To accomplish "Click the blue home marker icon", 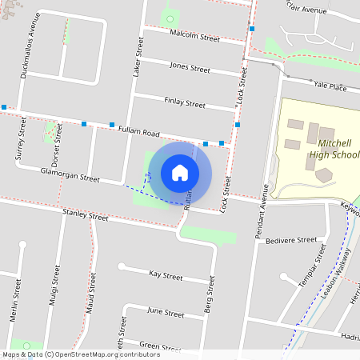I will click(180, 173).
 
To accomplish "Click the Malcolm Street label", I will click(195, 37).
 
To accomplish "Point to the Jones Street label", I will click(190, 67).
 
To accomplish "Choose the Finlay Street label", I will click(185, 103).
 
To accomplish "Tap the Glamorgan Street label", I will click(70, 174).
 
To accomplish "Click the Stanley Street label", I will click(85, 216).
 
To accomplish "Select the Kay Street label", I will click(166, 274).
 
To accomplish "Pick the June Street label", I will click(166, 312).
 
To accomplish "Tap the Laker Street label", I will click(137, 60).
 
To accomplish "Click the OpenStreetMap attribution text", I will click(81, 354).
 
